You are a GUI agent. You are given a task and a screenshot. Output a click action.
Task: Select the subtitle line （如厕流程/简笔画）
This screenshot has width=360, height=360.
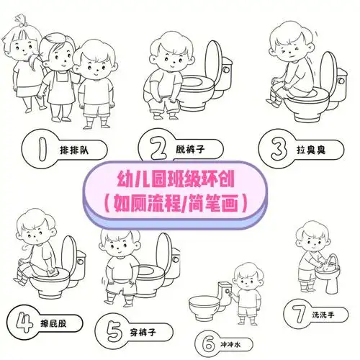tap(179, 202)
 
